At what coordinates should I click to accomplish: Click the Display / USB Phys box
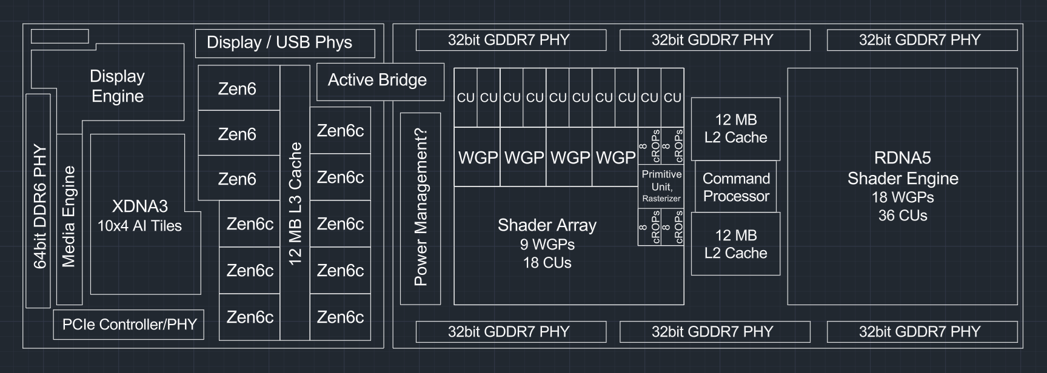coord(285,43)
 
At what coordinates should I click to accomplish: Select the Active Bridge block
coord(380,81)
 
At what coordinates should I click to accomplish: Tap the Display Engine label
coord(117,86)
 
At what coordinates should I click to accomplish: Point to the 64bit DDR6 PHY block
coord(38,206)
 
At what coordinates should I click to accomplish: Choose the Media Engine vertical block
coord(69,217)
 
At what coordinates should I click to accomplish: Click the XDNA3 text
coord(140,206)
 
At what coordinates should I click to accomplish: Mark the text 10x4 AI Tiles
coord(140,226)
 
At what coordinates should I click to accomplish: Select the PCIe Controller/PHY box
coord(129,325)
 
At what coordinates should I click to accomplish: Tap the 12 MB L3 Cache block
coord(295,203)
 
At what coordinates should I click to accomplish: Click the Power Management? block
coord(420,208)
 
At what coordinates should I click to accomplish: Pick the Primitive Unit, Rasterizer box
coord(661,186)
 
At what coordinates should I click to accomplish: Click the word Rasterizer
coord(661,199)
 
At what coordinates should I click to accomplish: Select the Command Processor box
coord(735,187)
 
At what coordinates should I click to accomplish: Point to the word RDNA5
coord(902,159)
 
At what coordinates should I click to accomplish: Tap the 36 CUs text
coord(902,216)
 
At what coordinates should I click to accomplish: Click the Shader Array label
coord(547,225)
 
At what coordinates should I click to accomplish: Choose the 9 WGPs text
coord(547,245)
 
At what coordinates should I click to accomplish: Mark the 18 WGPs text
coord(902,197)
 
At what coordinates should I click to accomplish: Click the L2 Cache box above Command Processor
coord(735,128)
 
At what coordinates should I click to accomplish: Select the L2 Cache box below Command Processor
coord(735,244)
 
